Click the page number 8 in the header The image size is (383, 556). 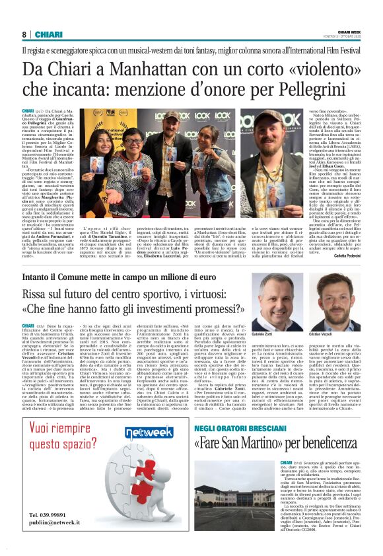pyautogui.click(x=24, y=34)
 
